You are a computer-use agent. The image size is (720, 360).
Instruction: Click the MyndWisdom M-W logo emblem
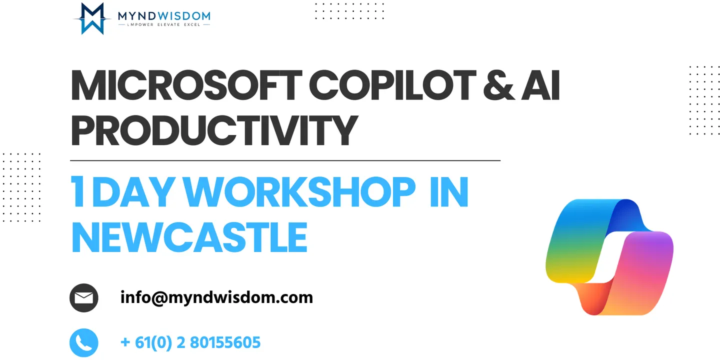coord(92,18)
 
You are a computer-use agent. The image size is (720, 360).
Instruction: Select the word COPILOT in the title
coord(392,85)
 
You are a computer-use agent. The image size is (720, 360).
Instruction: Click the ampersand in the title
coord(498,85)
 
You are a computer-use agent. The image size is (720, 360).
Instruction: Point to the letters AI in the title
coord(540,85)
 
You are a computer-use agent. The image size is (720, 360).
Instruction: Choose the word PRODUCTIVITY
coord(214,130)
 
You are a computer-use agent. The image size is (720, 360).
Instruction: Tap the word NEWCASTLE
coord(189,237)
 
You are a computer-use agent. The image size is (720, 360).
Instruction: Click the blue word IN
coord(449,191)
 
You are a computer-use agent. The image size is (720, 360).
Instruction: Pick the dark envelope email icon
coord(84,297)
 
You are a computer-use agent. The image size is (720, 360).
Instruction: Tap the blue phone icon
coord(84,342)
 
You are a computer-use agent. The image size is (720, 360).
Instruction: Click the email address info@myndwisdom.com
coord(216,297)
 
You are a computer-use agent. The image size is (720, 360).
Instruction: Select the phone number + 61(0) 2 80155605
coord(190,342)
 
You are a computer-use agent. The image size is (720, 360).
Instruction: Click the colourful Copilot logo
coord(609,257)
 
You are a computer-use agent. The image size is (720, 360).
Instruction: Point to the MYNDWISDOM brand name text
coord(164,15)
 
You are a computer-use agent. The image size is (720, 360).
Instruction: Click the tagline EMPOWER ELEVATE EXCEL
coord(164,24)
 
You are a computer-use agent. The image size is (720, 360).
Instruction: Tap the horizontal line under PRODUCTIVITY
coord(285,160)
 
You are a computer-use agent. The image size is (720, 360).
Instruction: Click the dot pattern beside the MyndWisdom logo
coord(349,11)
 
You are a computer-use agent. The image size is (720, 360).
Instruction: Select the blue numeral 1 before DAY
coord(78,191)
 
